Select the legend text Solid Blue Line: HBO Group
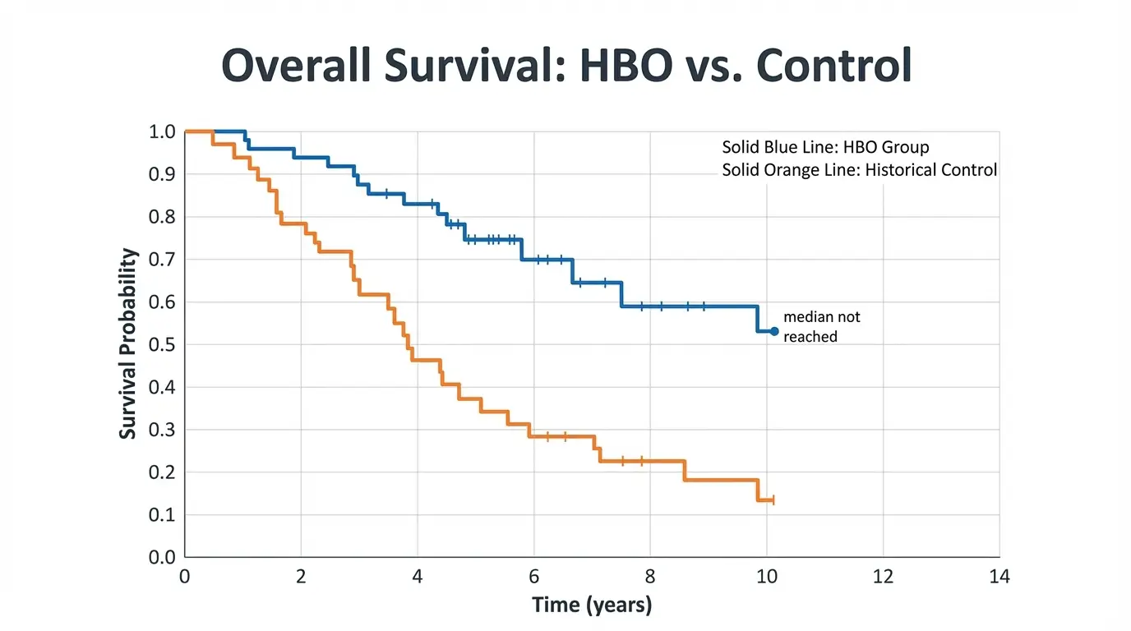tap(825, 148)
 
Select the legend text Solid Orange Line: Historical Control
tap(859, 170)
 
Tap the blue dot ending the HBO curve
tap(774, 331)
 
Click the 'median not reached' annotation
tap(821, 326)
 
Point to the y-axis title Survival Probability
tap(127, 343)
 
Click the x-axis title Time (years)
tap(592, 606)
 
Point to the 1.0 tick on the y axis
tap(162, 132)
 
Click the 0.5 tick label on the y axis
tap(162, 345)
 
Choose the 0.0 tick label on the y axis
tap(162, 558)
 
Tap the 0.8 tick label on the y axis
tap(162, 217)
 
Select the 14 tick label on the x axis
tap(999, 577)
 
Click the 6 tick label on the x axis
tap(533, 577)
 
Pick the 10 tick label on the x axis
tap(766, 577)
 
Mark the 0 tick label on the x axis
tap(185, 577)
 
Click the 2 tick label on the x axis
tap(301, 577)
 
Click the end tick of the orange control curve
tap(773, 500)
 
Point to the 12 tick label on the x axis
tap(883, 577)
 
